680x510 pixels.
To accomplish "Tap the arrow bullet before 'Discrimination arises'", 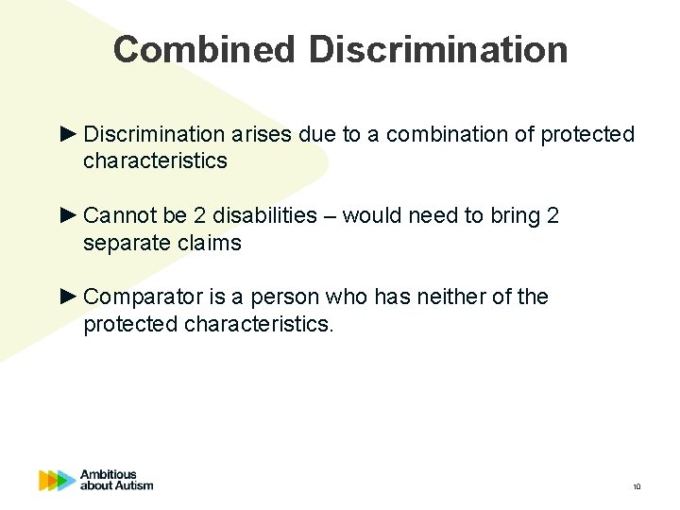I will coord(68,134).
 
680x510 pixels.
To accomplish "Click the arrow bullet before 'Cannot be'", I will coord(68,216).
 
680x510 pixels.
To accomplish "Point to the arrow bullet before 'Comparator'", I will coord(68,297).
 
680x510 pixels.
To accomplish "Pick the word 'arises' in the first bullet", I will coord(265,134).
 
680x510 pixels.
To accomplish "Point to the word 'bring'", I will coord(515,216).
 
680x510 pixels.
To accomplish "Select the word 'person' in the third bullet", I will coord(288,297).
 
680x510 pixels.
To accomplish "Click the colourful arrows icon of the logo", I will coord(57,481).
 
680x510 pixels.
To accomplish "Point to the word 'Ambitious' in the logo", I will coord(109,474).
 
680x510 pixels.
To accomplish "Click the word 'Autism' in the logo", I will coord(133,486).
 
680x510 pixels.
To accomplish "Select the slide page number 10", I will coord(637,487).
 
